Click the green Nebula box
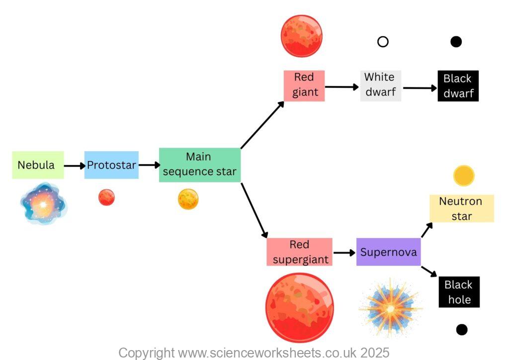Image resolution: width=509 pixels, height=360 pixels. pos(38,165)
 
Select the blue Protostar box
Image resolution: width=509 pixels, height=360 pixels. pos(111,165)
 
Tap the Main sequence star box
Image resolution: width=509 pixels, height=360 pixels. pos(199,165)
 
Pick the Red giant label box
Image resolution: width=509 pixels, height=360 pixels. pos(304,86)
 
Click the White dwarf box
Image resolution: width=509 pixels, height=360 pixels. pos(380,86)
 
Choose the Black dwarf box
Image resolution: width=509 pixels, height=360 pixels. pos(458,86)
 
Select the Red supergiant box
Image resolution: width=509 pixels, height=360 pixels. pos(299,252)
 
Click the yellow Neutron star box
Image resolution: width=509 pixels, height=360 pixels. pos(461,208)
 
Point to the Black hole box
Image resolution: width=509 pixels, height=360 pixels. pos(458,292)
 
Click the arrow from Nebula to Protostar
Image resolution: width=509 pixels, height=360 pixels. pos(75,166)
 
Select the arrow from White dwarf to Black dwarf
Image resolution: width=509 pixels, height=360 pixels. pos(419,88)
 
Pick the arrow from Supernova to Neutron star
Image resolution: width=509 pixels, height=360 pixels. pos(427,229)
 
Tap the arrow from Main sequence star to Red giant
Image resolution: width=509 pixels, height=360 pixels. pos(262,124)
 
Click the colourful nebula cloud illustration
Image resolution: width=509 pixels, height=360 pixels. pos(43,204)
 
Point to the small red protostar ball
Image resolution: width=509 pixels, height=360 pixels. pos(106,197)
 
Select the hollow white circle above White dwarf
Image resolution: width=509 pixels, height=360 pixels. pos(383,42)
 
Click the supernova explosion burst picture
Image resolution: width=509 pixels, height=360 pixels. pos(390,308)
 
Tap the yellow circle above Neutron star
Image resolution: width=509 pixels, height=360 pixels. pos(464,176)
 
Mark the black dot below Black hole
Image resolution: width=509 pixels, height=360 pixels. pos(462,329)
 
